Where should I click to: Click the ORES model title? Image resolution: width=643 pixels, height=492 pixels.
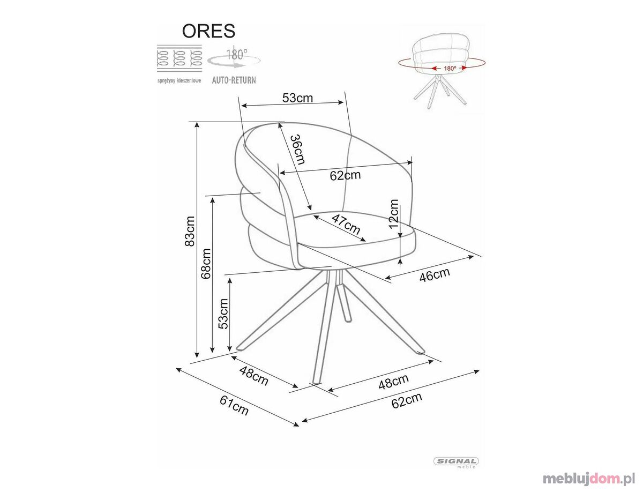(x=208, y=31)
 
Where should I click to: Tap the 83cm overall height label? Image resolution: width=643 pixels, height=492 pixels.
(x=190, y=231)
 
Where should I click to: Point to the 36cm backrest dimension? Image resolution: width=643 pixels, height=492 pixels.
(x=298, y=150)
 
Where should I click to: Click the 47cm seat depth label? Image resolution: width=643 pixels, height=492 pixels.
(x=346, y=224)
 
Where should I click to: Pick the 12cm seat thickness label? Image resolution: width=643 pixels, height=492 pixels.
(x=393, y=214)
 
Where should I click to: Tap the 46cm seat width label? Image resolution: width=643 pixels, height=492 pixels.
(x=435, y=275)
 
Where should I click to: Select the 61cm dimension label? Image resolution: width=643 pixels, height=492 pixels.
(x=234, y=405)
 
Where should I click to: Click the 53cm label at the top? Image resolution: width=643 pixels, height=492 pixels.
(x=297, y=98)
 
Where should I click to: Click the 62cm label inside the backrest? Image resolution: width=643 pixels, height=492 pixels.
(x=345, y=175)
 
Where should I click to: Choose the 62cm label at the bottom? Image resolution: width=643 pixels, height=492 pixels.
(x=407, y=400)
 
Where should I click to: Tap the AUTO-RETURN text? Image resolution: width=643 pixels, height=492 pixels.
(x=234, y=80)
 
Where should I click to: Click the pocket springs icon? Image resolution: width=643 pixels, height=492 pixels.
(x=180, y=58)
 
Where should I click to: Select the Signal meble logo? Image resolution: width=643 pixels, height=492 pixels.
(x=456, y=461)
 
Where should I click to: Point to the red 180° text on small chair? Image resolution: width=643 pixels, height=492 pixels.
(x=450, y=69)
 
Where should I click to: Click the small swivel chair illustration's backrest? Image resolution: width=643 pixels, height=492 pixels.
(x=442, y=52)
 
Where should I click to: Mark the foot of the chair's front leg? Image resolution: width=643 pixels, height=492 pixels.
(x=316, y=382)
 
